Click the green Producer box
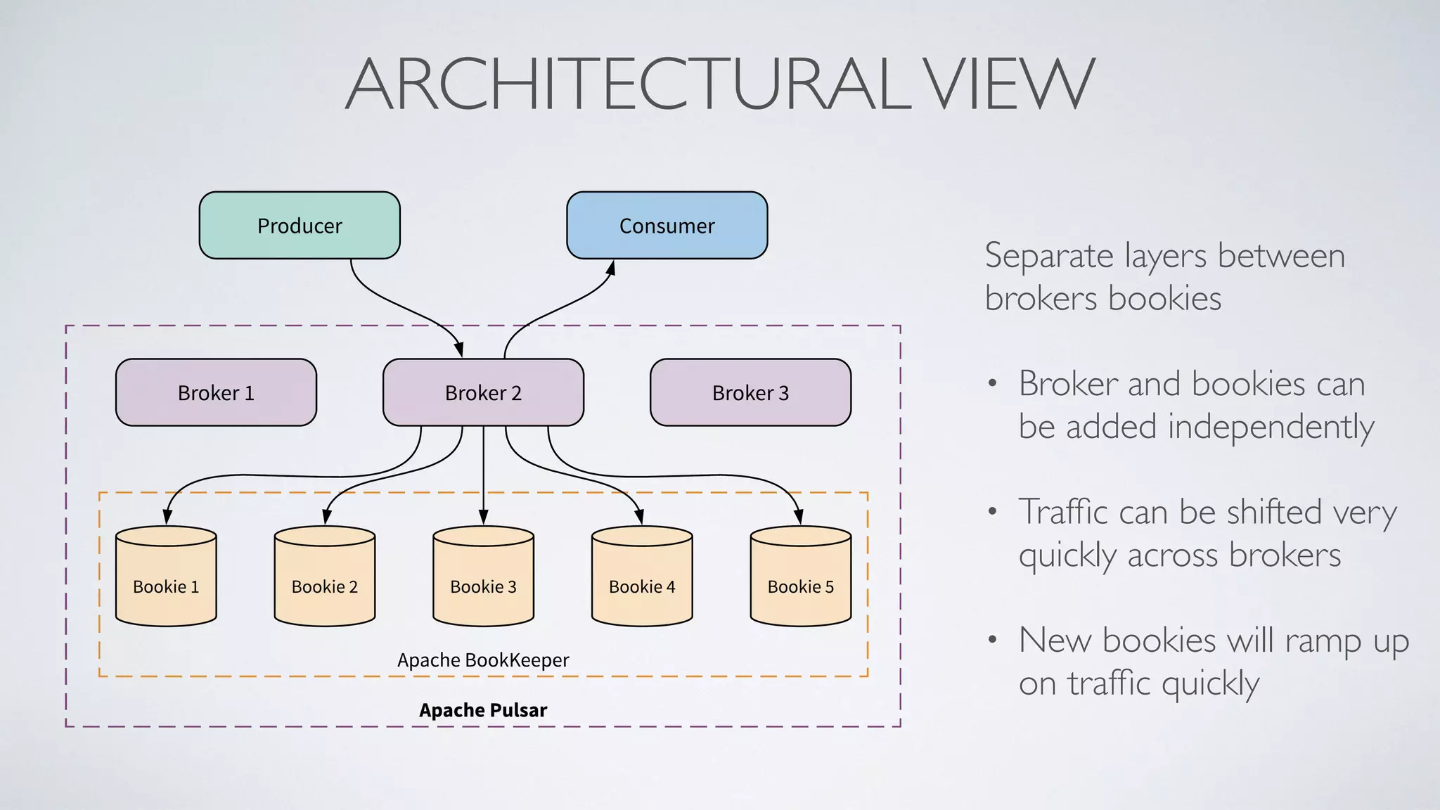click(x=300, y=226)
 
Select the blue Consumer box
click(x=667, y=226)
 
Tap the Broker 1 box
click(x=216, y=392)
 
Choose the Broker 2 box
click(x=483, y=392)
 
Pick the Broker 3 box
click(x=750, y=392)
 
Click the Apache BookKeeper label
click(x=483, y=660)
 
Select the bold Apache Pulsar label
click(x=483, y=710)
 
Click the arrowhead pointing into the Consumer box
click(x=611, y=268)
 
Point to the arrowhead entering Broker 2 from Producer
click(x=459, y=349)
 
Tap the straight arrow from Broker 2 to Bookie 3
click(x=483, y=471)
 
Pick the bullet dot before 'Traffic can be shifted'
click(x=992, y=511)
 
